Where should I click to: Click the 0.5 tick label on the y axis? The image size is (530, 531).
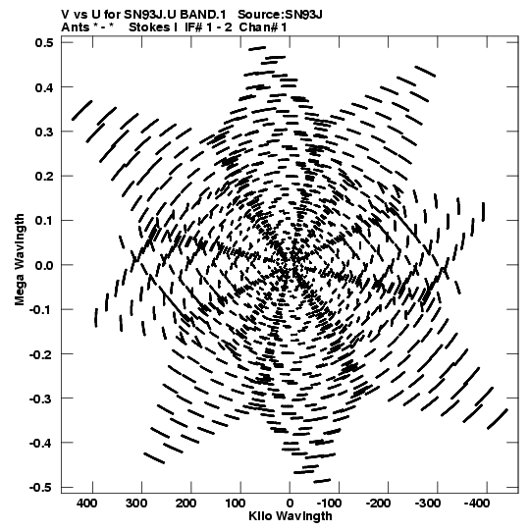(x=44, y=42)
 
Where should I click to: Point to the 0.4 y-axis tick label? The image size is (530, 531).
(x=44, y=87)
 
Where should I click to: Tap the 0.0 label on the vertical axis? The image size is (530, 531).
(x=44, y=265)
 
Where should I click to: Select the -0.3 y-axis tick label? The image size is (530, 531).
(x=41, y=398)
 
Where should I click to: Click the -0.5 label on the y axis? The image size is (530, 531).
(x=41, y=488)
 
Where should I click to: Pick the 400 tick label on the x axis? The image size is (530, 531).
(x=87, y=504)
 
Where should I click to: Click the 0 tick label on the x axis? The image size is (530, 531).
(x=290, y=504)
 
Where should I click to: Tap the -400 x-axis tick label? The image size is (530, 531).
(x=476, y=504)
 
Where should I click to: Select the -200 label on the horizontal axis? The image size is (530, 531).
(x=378, y=504)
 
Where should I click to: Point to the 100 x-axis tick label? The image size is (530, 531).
(x=235, y=504)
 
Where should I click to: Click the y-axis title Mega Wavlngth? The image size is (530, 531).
(x=20, y=259)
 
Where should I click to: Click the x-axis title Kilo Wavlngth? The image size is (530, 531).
(x=291, y=516)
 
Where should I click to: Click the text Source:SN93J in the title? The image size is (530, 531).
(x=280, y=15)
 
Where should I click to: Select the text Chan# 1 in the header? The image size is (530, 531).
(x=263, y=27)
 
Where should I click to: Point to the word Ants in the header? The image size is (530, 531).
(x=76, y=27)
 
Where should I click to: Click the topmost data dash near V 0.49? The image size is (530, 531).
(x=257, y=48)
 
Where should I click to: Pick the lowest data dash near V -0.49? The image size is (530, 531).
(x=322, y=481)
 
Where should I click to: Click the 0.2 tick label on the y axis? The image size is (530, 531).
(x=44, y=176)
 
